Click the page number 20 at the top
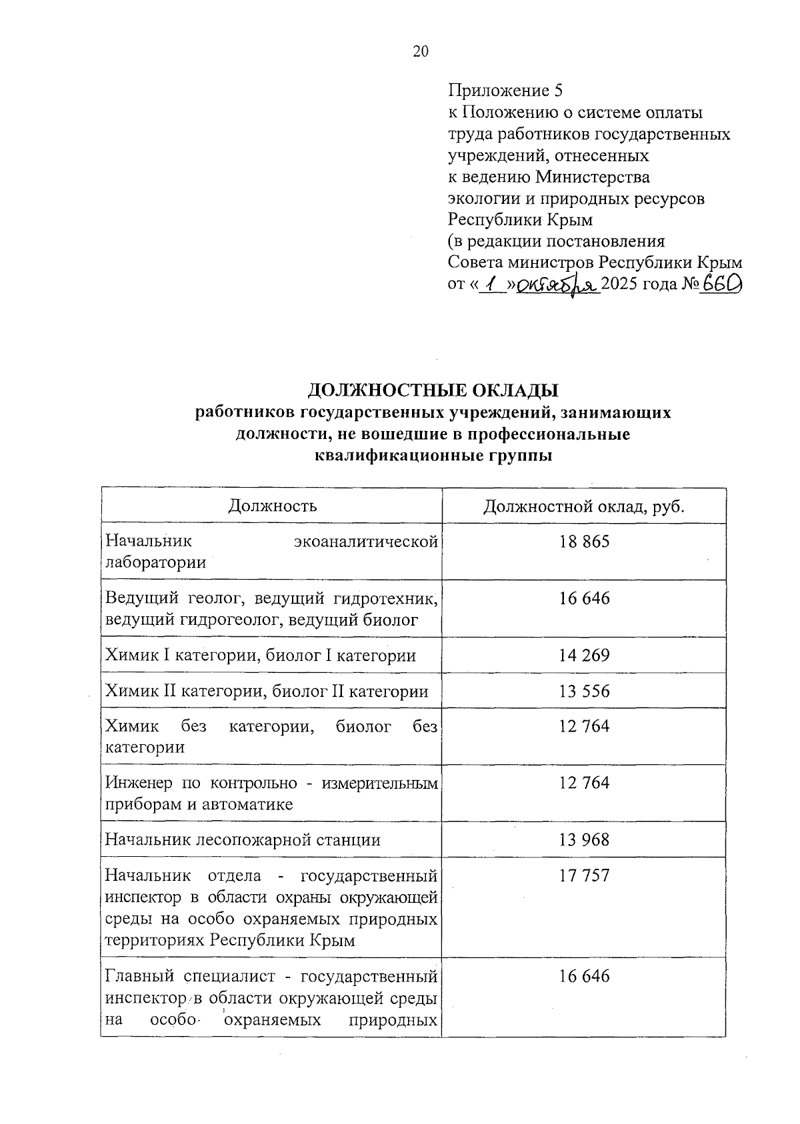[421, 52]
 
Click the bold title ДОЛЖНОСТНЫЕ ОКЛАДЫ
[433, 390]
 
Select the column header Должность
[272, 506]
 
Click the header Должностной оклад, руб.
[584, 506]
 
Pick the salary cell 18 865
[584, 542]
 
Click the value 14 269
[584, 656]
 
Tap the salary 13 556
[584, 692]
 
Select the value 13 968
[584, 840]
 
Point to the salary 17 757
[584, 875]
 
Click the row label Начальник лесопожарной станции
[243, 840]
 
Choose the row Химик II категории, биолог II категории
[267, 692]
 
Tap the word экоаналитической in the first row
[366, 542]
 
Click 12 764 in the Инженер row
[584, 783]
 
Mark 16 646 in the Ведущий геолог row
[584, 598]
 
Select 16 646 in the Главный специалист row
[584, 976]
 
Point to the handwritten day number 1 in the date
[493, 285]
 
